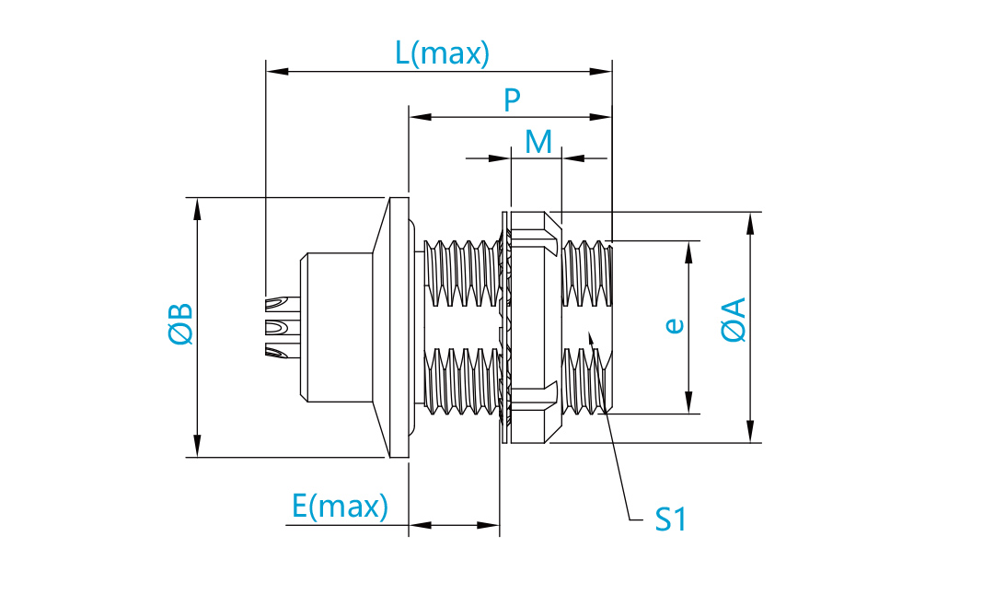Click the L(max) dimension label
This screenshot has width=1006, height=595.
pos(442,53)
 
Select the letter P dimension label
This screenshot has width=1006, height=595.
pos(512,100)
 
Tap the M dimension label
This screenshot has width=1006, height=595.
pos(538,142)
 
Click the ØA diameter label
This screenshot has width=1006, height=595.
pos(734,320)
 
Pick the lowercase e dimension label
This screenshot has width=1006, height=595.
pos(674,325)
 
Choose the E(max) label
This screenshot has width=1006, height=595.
pos(340,506)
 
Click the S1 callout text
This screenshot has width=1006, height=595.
pos(670,519)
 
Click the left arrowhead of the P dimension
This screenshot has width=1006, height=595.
pos(421,117)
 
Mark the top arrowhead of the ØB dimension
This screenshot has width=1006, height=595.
pos(197,208)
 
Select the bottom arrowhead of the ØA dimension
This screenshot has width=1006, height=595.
pos(750,431)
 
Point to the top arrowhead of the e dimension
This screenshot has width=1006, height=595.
pos(689,253)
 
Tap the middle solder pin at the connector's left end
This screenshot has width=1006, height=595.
pos(283,327)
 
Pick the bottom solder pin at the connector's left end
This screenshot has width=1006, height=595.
pos(283,350)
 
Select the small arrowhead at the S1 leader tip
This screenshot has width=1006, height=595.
pos(590,338)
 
